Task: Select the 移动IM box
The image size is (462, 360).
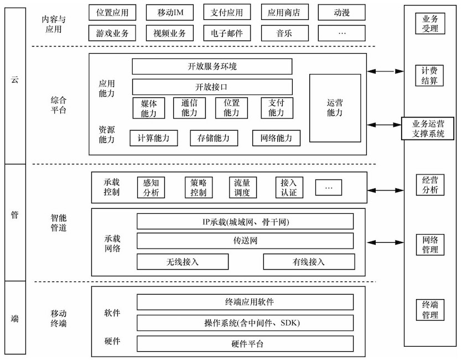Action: pyautogui.click(x=169, y=12)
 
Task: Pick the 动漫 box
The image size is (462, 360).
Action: pyautogui.click(x=341, y=12)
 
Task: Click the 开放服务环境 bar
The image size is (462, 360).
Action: pyautogui.click(x=212, y=66)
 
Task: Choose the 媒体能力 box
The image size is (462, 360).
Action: pyautogui.click(x=149, y=107)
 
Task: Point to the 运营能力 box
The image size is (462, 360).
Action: pyautogui.click(x=335, y=107)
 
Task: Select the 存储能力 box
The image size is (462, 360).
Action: pyautogui.click(x=213, y=138)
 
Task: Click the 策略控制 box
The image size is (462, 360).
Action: pyautogui.click(x=198, y=187)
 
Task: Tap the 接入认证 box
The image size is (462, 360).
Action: pyautogui.click(x=289, y=187)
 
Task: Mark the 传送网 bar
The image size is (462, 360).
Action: pyautogui.click(x=245, y=240)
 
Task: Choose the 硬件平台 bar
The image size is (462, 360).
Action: pyautogui.click(x=245, y=344)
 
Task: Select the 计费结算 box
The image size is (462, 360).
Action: pyautogui.click(x=429, y=75)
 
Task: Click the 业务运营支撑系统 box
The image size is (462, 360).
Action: pyautogui.click(x=429, y=128)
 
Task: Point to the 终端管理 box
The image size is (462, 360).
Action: pyautogui.click(x=429, y=310)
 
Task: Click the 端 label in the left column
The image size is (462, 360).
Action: pyautogui.click(x=15, y=318)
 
